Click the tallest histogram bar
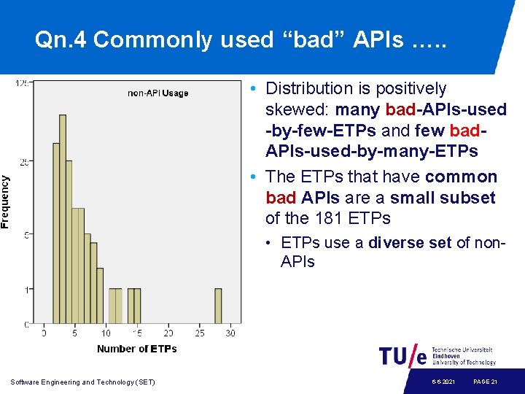[63, 219]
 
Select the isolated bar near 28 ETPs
[218, 306]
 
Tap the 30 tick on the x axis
[230, 333]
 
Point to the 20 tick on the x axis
[168, 333]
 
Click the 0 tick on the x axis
[44, 333]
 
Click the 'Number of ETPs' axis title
[136, 349]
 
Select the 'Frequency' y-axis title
[6, 201]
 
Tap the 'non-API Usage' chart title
[158, 93]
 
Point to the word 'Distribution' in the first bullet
[309, 88]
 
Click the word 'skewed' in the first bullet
[292, 109]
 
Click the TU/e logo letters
[402, 355]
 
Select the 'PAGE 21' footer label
[485, 382]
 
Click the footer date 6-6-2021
[443, 382]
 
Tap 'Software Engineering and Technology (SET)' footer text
[83, 382]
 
